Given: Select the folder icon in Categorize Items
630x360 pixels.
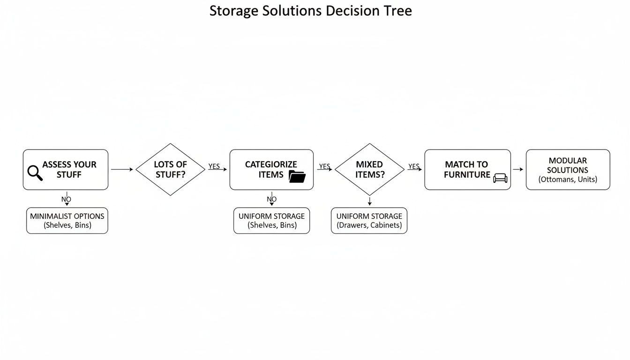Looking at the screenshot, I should point(297,176).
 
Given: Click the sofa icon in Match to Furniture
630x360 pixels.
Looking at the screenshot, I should point(500,178).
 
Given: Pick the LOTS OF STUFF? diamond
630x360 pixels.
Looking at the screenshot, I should point(170,169).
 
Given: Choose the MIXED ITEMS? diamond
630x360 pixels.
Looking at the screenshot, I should point(369,169).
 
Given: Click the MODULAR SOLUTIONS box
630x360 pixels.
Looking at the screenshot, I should point(568,170).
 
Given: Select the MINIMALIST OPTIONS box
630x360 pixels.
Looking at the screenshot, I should point(67,220).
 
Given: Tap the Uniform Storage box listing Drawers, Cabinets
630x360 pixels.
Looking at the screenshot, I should point(369,220).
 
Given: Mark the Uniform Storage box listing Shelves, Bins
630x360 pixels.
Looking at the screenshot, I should point(271,220).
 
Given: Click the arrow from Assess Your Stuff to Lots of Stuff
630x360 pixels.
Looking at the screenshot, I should point(122,169).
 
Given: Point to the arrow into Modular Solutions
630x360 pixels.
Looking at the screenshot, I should point(518,169).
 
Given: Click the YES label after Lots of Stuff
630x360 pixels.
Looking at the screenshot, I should point(214,166).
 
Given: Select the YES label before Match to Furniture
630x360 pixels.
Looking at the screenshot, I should point(414,166).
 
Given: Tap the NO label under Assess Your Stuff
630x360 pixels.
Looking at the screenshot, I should point(66,199).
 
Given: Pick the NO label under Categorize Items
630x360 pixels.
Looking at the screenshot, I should point(271,199).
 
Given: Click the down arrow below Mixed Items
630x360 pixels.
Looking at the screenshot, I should point(369,201).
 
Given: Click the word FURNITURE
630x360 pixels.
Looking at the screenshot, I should point(467,175).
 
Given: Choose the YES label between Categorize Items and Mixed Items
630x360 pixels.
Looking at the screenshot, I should point(324,166).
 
